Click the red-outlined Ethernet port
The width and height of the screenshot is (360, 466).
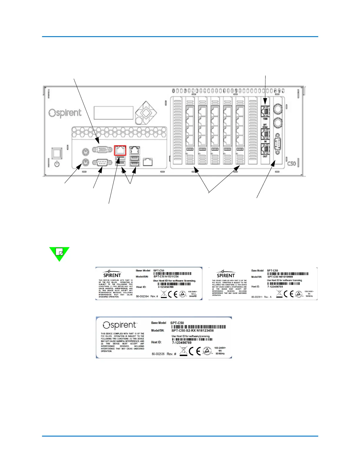point(120,150)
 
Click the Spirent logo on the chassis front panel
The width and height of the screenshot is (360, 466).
point(65,113)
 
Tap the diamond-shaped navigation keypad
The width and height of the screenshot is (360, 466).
point(146,113)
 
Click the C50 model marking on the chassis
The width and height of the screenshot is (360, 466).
point(291,163)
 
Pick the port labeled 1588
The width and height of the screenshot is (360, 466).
point(265,111)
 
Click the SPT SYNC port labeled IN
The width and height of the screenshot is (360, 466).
point(265,134)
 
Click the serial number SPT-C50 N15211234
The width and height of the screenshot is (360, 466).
point(166,277)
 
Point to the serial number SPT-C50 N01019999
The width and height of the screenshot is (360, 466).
point(280,277)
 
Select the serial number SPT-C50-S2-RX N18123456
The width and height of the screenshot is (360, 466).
point(193,331)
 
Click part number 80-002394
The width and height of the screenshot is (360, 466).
point(142,296)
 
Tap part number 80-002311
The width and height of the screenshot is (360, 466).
point(257,297)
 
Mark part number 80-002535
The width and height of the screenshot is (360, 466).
point(158,354)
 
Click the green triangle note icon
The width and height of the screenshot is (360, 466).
point(59,253)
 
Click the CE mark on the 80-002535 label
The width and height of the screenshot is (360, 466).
point(194,351)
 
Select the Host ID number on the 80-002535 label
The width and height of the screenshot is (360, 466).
point(182,343)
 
